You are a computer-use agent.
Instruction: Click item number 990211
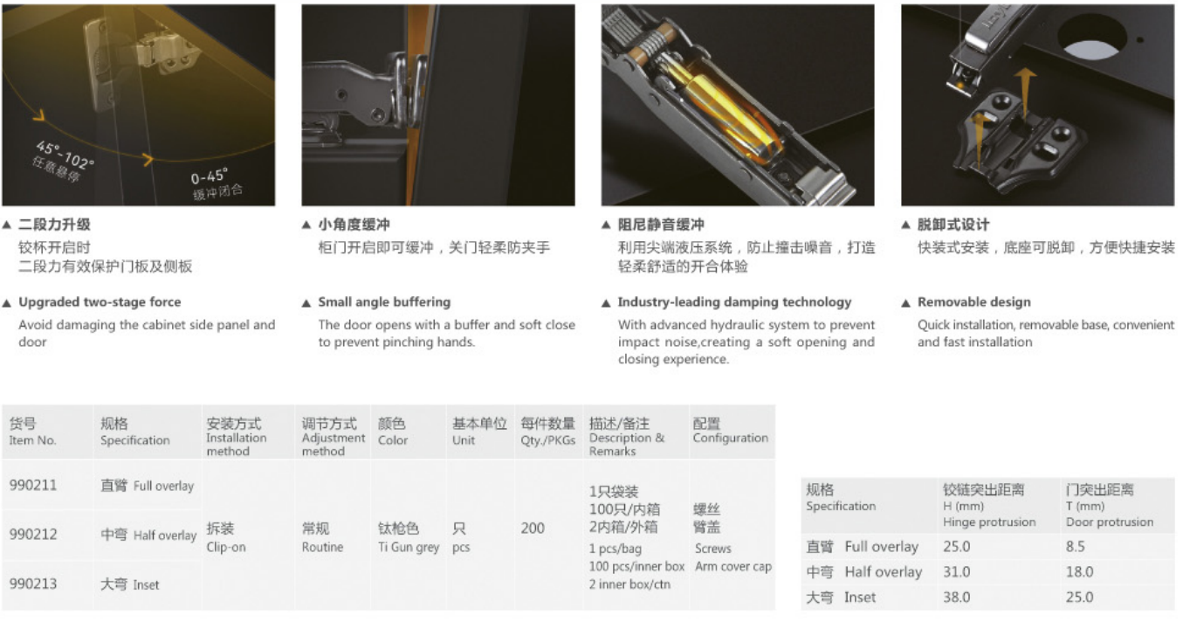click(33, 485)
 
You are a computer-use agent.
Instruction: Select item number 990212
click(33, 535)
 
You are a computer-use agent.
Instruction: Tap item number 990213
click(33, 584)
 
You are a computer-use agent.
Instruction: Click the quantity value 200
click(533, 528)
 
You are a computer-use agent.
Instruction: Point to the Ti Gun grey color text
click(409, 548)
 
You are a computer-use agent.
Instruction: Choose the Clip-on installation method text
click(226, 547)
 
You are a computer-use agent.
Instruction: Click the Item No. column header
click(32, 440)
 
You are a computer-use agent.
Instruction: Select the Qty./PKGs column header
click(547, 440)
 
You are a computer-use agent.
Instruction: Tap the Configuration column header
click(731, 438)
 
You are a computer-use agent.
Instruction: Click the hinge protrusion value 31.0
click(956, 572)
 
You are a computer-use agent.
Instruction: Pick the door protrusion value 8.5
click(1076, 546)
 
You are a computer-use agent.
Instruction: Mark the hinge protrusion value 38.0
click(956, 598)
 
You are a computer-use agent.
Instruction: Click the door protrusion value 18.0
click(1079, 572)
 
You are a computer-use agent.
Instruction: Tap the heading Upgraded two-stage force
click(100, 302)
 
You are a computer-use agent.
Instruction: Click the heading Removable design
click(973, 302)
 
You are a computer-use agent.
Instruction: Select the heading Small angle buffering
click(384, 302)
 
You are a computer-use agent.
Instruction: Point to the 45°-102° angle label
click(65, 155)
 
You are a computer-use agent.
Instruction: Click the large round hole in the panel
click(1091, 37)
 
